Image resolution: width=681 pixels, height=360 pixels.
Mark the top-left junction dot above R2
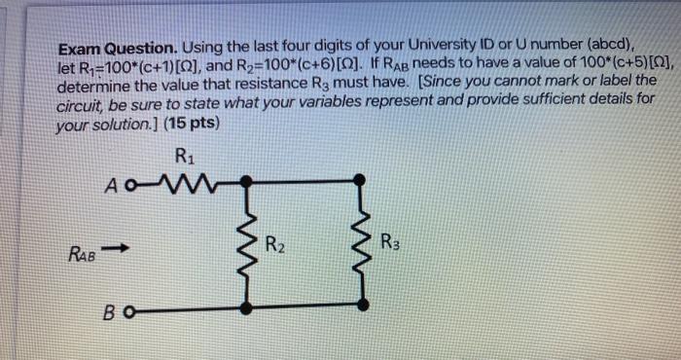pyautogui.click(x=247, y=180)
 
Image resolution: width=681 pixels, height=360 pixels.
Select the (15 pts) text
pyautogui.click(x=192, y=125)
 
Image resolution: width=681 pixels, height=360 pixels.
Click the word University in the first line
pyautogui.click(x=456, y=46)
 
